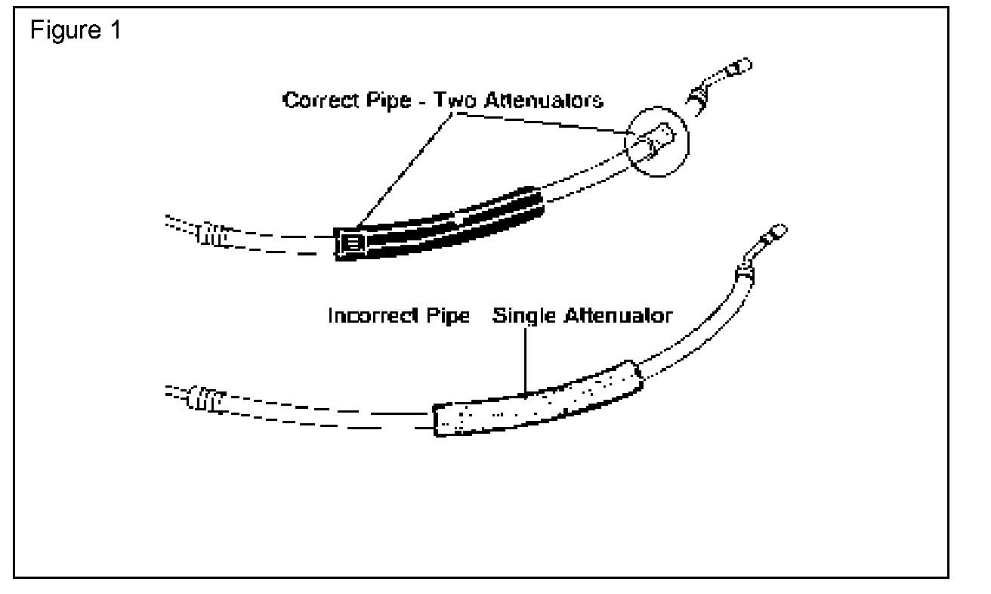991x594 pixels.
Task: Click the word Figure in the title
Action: (63, 33)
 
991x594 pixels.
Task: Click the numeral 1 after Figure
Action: (116, 33)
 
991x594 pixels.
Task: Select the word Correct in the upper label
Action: (316, 100)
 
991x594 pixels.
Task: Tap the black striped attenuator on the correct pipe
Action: (446, 221)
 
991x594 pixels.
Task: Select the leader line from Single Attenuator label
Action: (523, 359)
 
